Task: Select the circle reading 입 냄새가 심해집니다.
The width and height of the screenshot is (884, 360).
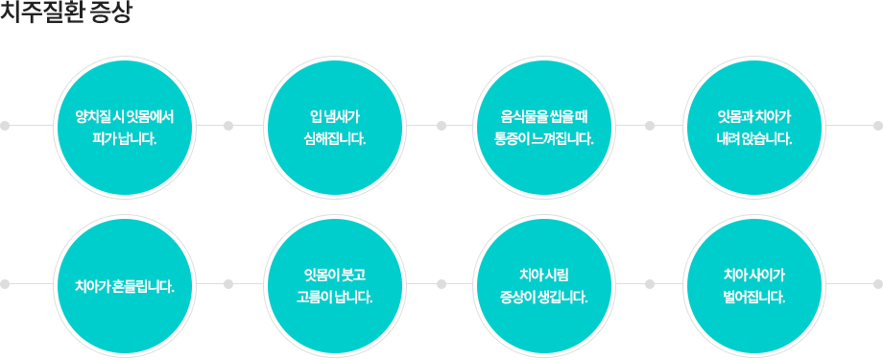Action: pyautogui.click(x=334, y=126)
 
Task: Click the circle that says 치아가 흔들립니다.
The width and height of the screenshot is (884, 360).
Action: pyautogui.click(x=124, y=284)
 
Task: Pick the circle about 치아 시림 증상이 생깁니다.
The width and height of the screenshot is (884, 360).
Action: pyautogui.click(x=545, y=284)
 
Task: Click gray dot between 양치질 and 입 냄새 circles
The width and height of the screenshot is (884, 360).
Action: pyautogui.click(x=228, y=126)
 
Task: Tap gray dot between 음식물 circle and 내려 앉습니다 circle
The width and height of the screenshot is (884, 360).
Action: pyautogui.click(x=650, y=126)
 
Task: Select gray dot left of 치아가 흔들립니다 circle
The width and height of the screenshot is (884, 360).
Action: pyautogui.click(x=5, y=284)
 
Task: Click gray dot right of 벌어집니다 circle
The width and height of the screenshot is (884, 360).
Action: pyautogui.click(x=878, y=284)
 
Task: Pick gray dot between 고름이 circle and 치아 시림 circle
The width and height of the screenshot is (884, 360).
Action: pyautogui.click(x=441, y=284)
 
